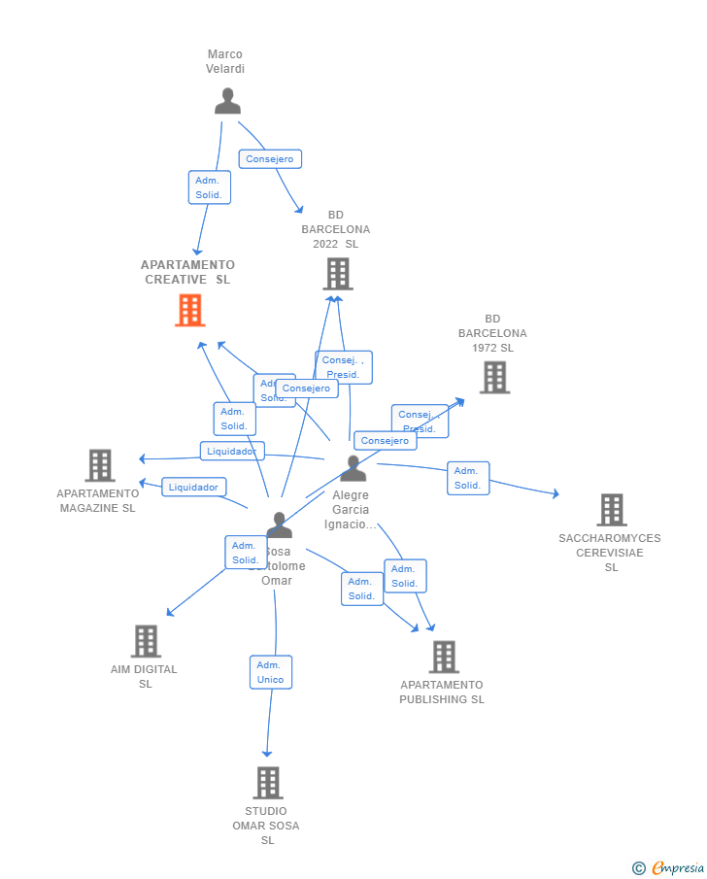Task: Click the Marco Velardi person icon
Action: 227,101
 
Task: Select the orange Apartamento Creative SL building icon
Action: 189,310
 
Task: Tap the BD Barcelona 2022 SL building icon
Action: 337,274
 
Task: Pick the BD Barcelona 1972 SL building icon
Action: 494,377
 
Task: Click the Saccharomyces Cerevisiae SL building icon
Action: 611,509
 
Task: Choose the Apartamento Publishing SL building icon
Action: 443,657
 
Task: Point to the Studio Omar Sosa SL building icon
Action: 267,782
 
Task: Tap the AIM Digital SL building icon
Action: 145,641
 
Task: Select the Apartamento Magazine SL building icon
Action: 99,465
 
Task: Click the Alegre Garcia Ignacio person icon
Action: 353,468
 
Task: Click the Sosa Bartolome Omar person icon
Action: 279,525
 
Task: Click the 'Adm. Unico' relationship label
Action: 271,672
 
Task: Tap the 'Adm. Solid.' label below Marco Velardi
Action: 209,187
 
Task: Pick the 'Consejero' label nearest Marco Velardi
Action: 269,159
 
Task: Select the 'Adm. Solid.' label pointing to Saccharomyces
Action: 467,478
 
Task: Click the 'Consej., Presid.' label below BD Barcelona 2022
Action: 342,367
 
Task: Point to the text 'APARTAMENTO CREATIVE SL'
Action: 187,272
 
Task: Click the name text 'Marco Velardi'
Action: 225,61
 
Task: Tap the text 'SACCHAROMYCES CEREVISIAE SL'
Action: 610,552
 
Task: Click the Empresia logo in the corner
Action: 668,867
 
